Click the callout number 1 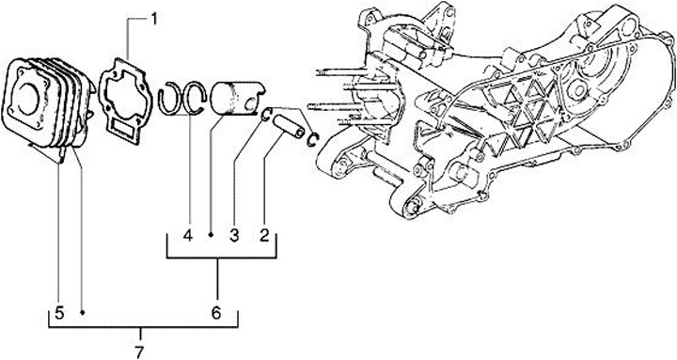click(154, 19)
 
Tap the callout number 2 click(264, 235)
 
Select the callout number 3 click(234, 235)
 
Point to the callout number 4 click(187, 235)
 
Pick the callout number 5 click(59, 312)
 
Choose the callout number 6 click(216, 312)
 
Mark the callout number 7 click(138, 352)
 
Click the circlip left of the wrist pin click(267, 114)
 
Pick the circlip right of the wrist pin click(313, 139)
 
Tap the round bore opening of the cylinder click(28, 100)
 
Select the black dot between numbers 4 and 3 click(212, 235)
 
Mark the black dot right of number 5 click(82, 312)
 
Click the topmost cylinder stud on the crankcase click(341, 72)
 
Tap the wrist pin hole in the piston click(249, 103)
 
